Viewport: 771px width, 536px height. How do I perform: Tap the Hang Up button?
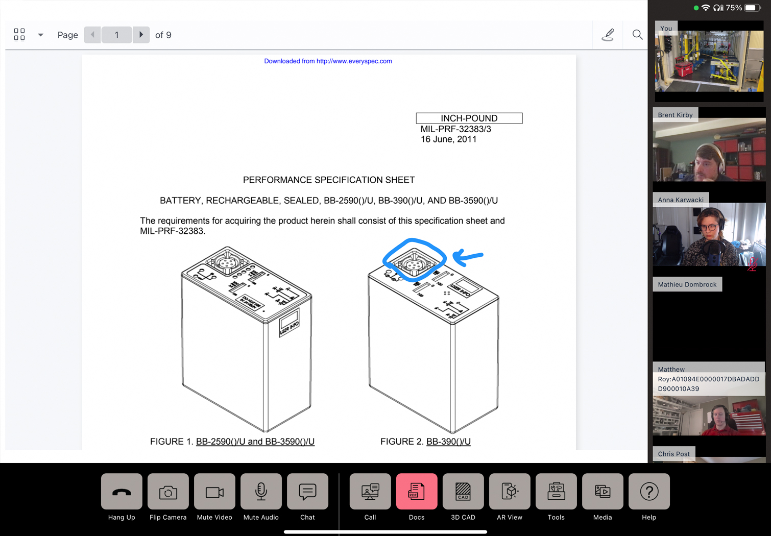[122, 492]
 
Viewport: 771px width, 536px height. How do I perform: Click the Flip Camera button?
[168, 492]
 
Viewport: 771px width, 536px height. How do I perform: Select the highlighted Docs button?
[416, 492]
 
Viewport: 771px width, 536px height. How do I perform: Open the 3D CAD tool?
[463, 492]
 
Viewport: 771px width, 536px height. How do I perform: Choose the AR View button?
[509, 492]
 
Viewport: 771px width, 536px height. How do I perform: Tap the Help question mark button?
[648, 492]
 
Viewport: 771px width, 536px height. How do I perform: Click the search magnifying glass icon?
[637, 35]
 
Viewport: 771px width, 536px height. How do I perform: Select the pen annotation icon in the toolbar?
[608, 35]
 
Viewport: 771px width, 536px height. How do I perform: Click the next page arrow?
[141, 35]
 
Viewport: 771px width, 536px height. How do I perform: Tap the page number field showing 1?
[116, 35]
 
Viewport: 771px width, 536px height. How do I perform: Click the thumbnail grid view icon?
[19, 35]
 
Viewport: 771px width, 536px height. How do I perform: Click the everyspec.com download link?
[328, 61]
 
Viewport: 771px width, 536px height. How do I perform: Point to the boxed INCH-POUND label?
[469, 118]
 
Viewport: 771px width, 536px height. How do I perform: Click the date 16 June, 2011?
[448, 139]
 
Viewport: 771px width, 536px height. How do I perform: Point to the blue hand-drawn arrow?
[468, 257]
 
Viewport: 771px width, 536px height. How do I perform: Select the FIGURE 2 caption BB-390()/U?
[448, 442]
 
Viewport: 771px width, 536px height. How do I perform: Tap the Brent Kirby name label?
[675, 115]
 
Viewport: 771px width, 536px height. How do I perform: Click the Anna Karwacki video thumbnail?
[709, 235]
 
